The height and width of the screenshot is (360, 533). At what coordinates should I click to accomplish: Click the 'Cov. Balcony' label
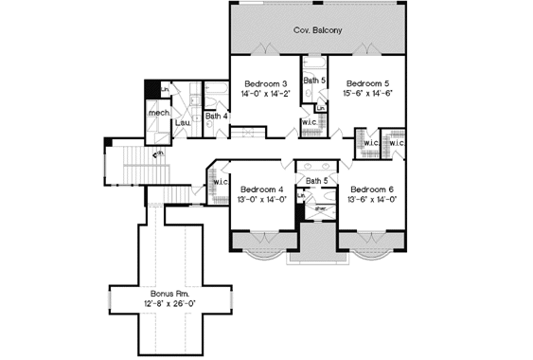[317, 31]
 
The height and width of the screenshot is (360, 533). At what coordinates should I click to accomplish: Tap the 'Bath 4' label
[216, 117]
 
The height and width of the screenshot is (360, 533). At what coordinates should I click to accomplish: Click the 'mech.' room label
[157, 114]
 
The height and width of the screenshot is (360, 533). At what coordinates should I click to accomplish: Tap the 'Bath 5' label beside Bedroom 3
[315, 81]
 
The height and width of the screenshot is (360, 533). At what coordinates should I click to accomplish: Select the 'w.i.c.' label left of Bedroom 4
[222, 181]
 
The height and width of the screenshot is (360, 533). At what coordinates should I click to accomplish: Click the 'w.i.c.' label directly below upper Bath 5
[309, 122]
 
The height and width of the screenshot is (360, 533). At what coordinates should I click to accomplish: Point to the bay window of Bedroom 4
[258, 253]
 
